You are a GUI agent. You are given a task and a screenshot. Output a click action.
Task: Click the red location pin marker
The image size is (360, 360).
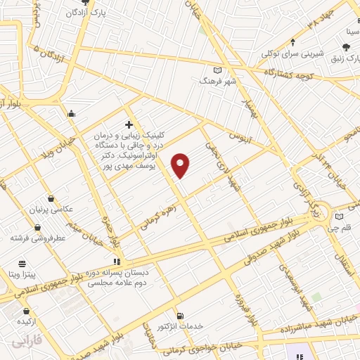pyautogui.click(x=181, y=165)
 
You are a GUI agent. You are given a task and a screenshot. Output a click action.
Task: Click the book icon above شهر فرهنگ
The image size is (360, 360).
pyautogui.click(x=217, y=70)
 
